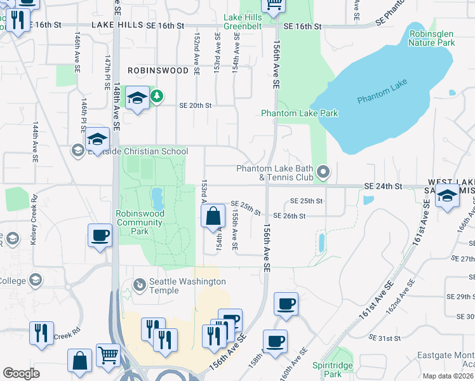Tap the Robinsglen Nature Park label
[x=432, y=38]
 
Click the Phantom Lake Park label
[x=300, y=113]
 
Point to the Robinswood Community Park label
[x=140, y=222]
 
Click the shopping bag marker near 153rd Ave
[x=213, y=217]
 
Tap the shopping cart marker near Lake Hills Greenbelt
[x=274, y=5]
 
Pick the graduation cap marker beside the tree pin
[x=137, y=98]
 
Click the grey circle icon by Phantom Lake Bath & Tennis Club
[x=323, y=171]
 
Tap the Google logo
[x=21, y=373]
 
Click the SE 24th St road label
[x=384, y=186]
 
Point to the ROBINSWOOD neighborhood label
[x=158, y=70]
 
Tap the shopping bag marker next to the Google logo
[x=81, y=361]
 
